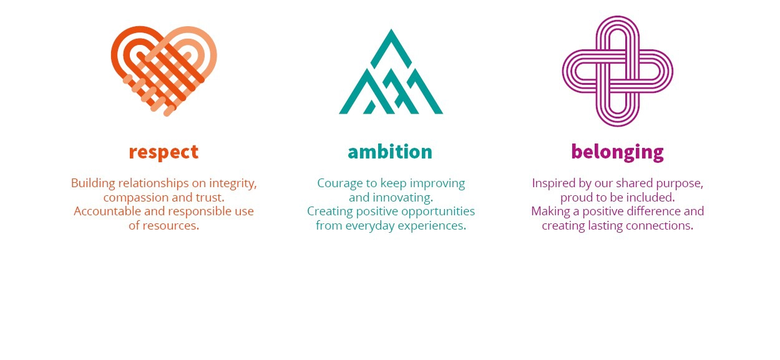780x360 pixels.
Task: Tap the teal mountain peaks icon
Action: pyautogui.click(x=391, y=71)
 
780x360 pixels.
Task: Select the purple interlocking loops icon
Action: pyautogui.click(x=617, y=71)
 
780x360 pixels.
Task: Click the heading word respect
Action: pyautogui.click(x=163, y=152)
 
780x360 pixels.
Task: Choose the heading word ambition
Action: pyautogui.click(x=390, y=152)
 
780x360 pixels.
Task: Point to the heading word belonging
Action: pyautogui.click(x=617, y=152)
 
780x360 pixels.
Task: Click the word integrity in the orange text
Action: pyautogui.click(x=233, y=183)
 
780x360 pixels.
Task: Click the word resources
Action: pyautogui.click(x=170, y=226)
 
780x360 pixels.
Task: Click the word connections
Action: pyautogui.click(x=660, y=226)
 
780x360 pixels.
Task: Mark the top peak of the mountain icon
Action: pyautogui.click(x=391, y=29)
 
